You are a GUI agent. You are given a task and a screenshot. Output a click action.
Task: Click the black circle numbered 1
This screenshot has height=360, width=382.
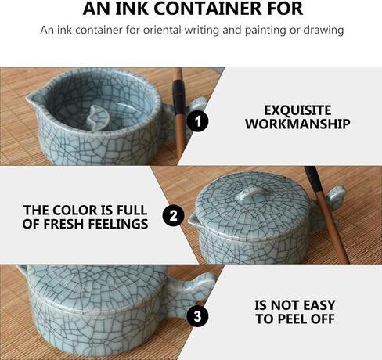pos(197,121)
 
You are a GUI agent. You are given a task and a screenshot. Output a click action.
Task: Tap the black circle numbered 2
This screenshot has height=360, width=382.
pos(173,216)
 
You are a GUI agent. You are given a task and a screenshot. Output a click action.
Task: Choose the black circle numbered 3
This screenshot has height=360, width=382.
pos(197,316)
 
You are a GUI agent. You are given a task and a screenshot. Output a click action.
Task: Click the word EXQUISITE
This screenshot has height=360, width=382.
pos(297,110)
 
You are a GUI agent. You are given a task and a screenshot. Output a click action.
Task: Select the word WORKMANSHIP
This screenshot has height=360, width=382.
pos(297,124)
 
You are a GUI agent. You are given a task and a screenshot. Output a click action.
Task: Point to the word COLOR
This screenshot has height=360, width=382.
pos(74,211)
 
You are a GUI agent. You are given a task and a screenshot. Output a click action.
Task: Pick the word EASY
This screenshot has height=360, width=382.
pos(319,305)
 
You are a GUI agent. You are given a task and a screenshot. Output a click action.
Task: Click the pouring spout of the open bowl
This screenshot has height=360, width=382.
pos(34,98)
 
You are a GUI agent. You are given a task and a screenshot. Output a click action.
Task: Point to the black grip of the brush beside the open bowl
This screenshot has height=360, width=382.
pos(178,97)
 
